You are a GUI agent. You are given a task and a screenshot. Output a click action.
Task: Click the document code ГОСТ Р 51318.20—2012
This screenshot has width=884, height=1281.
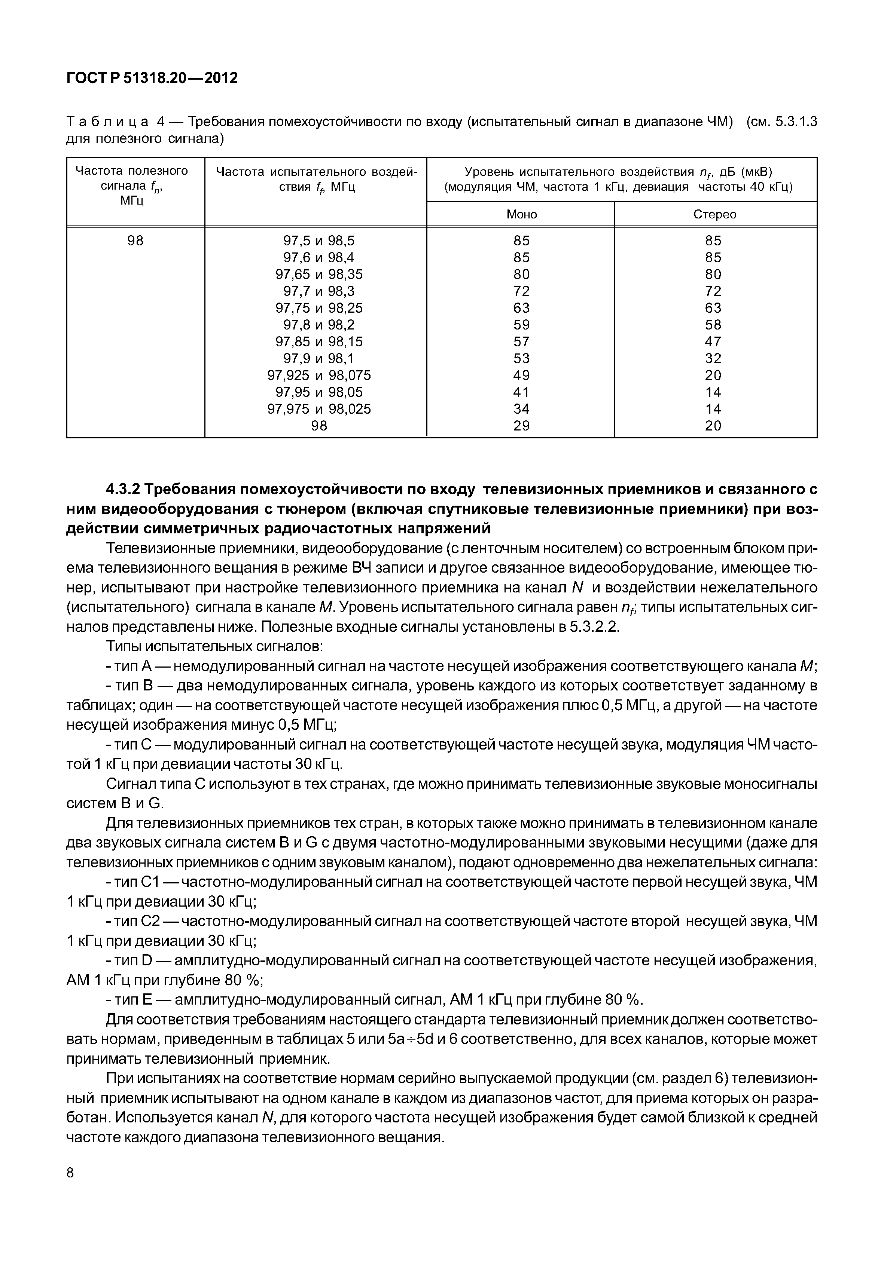pos(152,78)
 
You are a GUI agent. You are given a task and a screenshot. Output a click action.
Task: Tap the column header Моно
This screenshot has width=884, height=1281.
pos(521,214)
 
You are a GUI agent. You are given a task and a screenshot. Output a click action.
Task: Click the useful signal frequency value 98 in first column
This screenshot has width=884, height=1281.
pos(135,241)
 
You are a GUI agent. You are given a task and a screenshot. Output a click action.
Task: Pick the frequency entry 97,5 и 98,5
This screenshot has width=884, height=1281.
pos(318,241)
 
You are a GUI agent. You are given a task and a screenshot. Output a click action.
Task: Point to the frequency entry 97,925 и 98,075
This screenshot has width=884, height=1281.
pos(318,376)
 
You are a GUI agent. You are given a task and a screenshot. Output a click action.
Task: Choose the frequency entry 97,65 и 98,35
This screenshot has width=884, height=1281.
pos(318,275)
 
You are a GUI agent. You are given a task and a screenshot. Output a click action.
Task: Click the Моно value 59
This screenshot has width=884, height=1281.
pos(521,325)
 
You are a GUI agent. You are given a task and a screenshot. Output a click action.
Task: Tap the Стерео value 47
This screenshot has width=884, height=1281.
pos(713,341)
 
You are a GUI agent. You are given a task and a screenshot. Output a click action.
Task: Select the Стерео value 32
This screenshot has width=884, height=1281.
pos(713,358)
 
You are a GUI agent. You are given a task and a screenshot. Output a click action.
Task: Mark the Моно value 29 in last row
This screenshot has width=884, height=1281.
pos(521,426)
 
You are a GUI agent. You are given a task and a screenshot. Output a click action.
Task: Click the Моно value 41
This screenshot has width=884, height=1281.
pos(521,392)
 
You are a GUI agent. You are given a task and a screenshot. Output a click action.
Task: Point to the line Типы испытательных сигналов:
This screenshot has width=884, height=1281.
pos(214,647)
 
